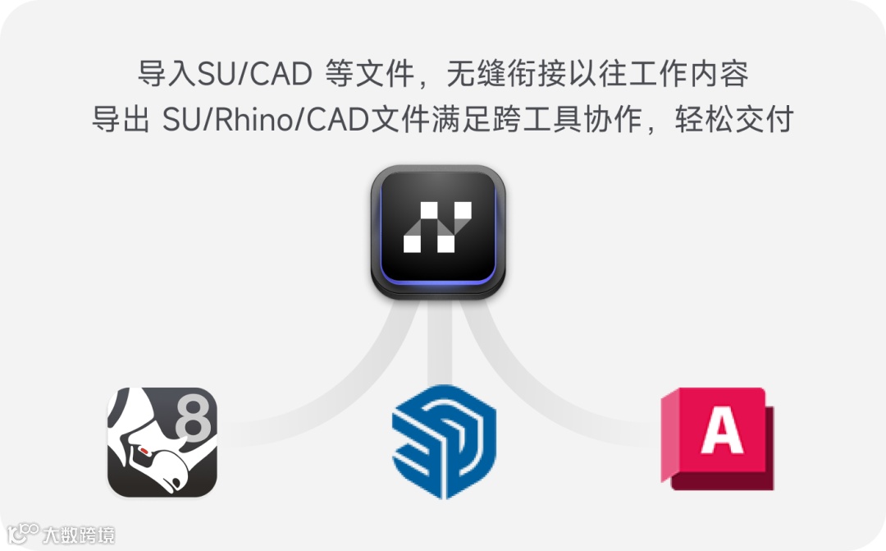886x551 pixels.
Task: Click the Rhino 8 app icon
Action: [162, 442]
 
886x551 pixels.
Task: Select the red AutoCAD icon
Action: [719, 439]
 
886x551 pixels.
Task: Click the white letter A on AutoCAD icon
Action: [722, 429]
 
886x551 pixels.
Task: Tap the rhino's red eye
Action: [144, 451]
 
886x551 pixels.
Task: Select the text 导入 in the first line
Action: [157, 74]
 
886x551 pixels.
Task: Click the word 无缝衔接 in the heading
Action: [507, 74]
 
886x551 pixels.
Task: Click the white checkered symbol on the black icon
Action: [438, 227]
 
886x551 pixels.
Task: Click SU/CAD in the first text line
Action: [246, 74]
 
